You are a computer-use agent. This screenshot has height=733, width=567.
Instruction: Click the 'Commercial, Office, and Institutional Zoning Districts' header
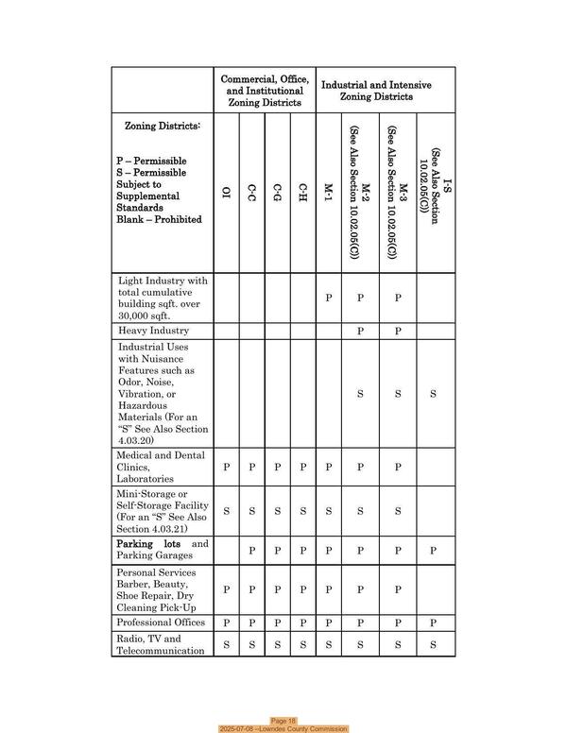(x=264, y=91)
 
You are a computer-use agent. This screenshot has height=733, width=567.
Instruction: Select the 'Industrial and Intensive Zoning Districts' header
(x=376, y=91)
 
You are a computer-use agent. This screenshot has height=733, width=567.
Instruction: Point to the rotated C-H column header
(x=302, y=194)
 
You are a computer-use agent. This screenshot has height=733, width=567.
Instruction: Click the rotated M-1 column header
(x=328, y=194)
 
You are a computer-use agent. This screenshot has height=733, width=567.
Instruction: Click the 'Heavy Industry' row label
(x=153, y=332)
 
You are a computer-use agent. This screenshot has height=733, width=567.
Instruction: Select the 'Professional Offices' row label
(x=162, y=622)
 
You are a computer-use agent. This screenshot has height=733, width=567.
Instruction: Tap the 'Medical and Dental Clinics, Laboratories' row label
(x=161, y=467)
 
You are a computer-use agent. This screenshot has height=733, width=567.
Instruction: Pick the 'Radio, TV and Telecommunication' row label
(x=161, y=644)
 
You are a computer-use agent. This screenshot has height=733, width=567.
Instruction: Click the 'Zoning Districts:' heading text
(x=163, y=126)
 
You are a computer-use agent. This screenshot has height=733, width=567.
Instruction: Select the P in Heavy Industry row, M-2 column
(x=360, y=332)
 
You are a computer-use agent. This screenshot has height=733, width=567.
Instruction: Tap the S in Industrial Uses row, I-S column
(x=433, y=394)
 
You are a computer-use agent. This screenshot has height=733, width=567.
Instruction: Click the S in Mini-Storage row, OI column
(x=226, y=511)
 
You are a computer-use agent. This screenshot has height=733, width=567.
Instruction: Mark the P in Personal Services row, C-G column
(x=277, y=589)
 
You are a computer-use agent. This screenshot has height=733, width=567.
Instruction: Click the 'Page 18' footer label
(x=283, y=720)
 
